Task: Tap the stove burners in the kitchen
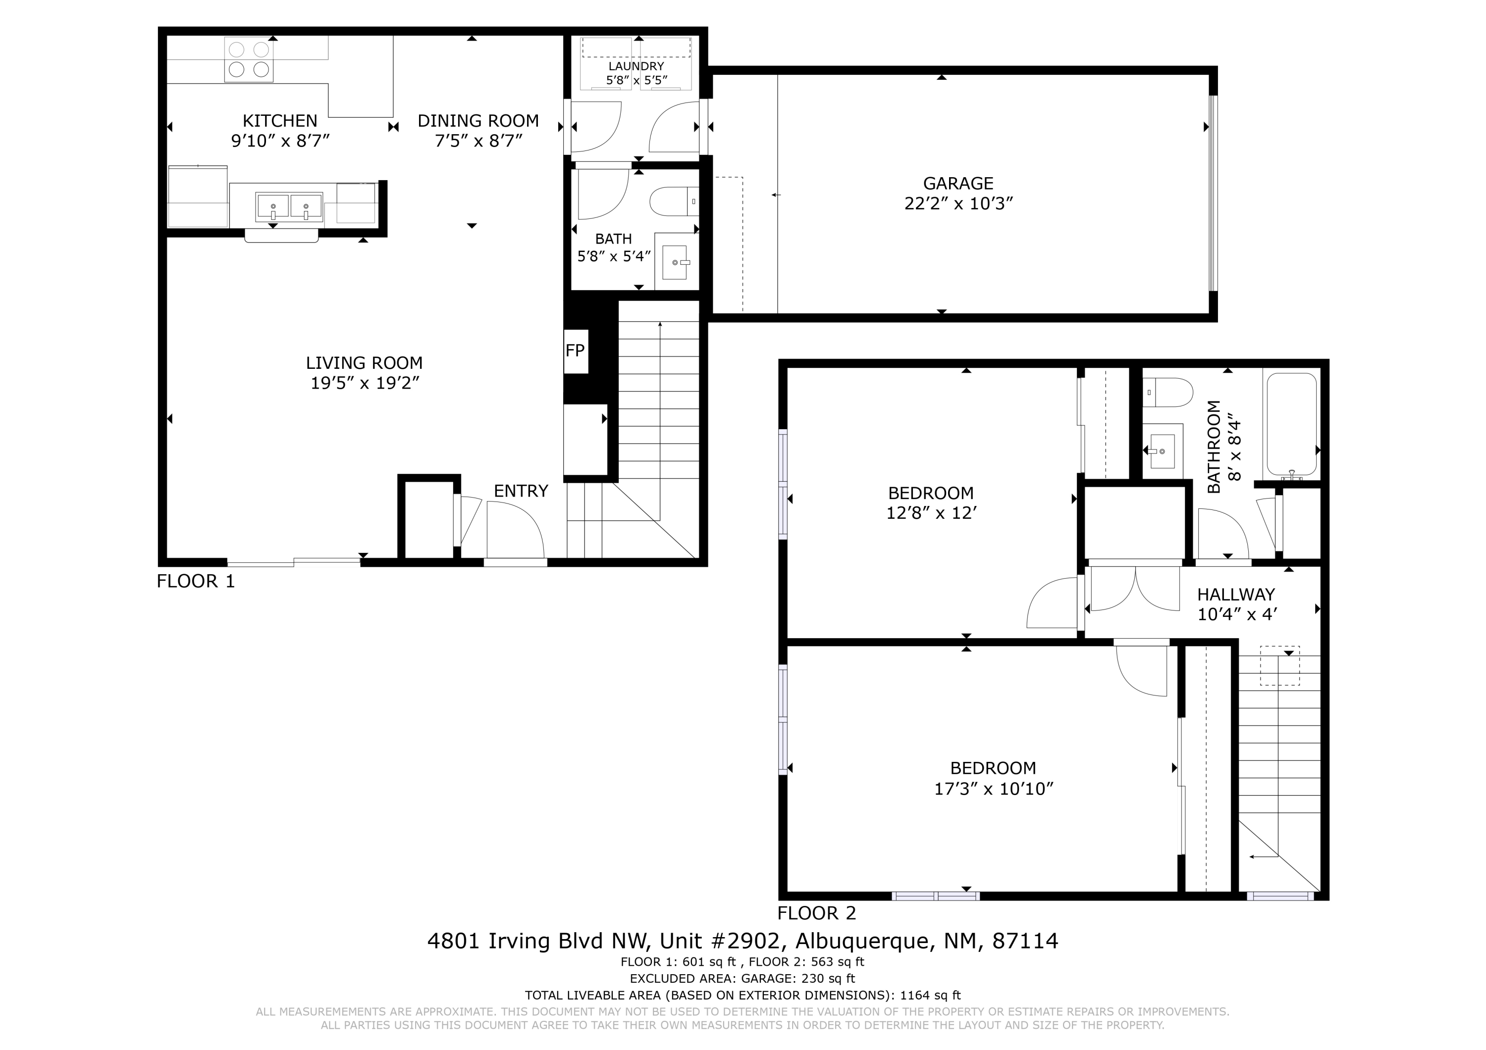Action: pyautogui.click(x=249, y=59)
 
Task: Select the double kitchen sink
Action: pyautogui.click(x=289, y=206)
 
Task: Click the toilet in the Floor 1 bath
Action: pyautogui.click(x=673, y=201)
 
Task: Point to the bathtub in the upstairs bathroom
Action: pyautogui.click(x=1291, y=424)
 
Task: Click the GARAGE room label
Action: pyautogui.click(x=958, y=183)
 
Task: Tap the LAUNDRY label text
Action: pyautogui.click(x=636, y=66)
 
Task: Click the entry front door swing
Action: pyautogui.click(x=515, y=531)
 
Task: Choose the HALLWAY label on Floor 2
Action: pyautogui.click(x=1235, y=594)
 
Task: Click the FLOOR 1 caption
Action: pyautogui.click(x=196, y=581)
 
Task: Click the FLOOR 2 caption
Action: pyautogui.click(x=816, y=913)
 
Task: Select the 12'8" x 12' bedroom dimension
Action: pyautogui.click(x=931, y=513)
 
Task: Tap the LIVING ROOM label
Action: pyautogui.click(x=365, y=363)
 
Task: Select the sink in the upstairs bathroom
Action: pyautogui.click(x=1163, y=450)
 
